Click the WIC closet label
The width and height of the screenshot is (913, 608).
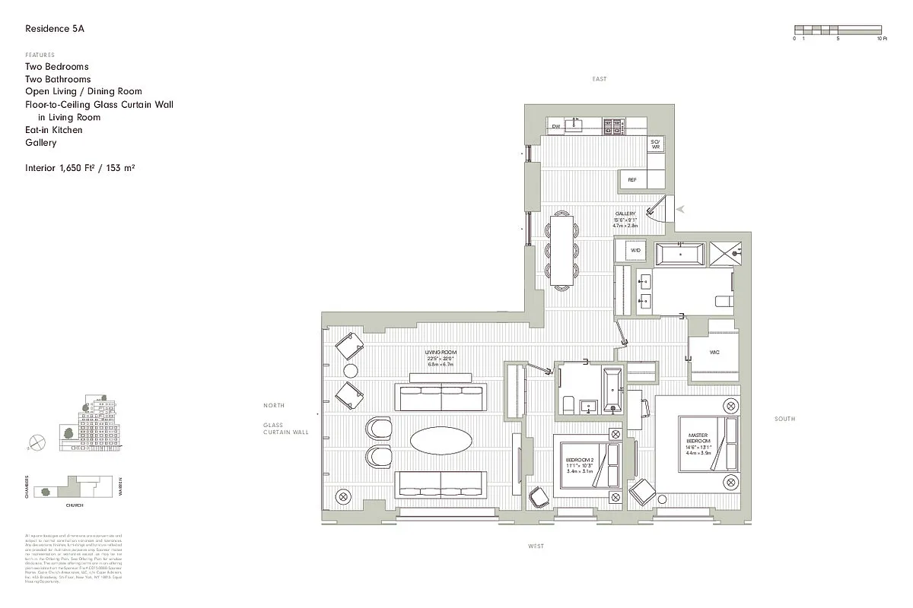(x=714, y=353)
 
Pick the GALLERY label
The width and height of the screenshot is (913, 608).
(x=625, y=214)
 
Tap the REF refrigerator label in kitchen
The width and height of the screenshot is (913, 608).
(x=631, y=179)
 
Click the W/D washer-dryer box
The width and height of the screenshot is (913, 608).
(x=636, y=250)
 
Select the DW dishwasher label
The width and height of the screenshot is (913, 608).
(x=556, y=126)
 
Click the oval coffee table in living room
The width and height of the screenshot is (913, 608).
(x=441, y=440)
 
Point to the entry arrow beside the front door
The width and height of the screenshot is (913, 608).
(x=681, y=208)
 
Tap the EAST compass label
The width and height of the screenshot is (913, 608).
(x=600, y=80)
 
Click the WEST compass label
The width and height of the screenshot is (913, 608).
(x=536, y=546)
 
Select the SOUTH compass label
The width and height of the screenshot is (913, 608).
(x=784, y=419)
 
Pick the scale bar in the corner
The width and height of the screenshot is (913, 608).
(x=840, y=30)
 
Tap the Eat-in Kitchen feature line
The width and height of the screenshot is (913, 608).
(x=54, y=130)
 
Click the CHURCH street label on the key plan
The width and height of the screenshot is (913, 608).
(x=74, y=505)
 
